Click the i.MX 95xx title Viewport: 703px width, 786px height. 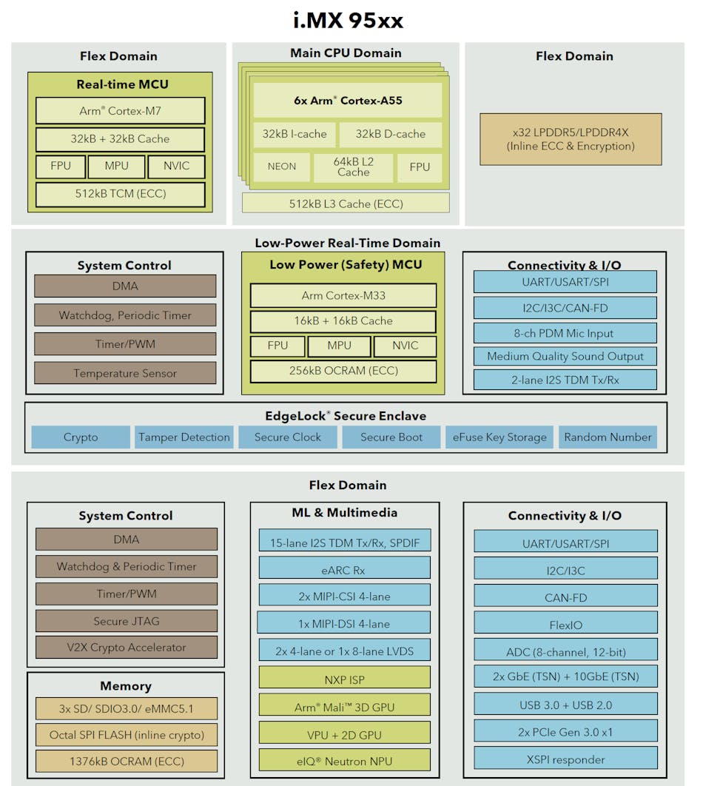point(348,20)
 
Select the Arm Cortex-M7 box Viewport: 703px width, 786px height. point(121,111)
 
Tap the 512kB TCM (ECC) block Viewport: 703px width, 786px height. point(121,195)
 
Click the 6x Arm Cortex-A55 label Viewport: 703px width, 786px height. point(348,100)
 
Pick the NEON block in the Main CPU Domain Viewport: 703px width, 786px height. point(281,167)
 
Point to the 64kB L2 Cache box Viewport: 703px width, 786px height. point(353,167)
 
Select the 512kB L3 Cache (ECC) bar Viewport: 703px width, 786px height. point(346,204)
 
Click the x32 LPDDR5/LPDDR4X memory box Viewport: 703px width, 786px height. point(571,139)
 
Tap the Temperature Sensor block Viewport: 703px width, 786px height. point(125,373)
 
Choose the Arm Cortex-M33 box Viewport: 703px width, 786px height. point(343,295)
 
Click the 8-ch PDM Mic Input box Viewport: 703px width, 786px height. point(565,333)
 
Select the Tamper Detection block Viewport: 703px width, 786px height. point(184,437)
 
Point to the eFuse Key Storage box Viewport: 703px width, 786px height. point(499,437)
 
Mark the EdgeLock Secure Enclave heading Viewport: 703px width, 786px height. point(346,416)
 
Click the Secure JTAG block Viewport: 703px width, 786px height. point(127,621)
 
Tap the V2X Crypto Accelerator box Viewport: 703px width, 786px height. point(127,648)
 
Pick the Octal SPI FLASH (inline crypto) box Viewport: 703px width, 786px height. point(127,735)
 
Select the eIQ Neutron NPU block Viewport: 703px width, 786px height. point(344,760)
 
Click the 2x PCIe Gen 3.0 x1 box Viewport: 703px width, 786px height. point(565,732)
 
